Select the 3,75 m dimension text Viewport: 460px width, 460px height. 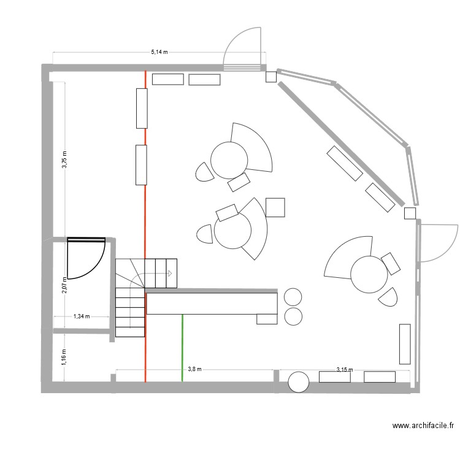tap(64, 158)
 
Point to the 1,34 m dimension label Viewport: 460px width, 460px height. tap(82, 316)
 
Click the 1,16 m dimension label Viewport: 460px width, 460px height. tap(64, 356)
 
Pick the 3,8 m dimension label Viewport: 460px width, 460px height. tap(194, 369)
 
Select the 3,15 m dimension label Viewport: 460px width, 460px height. tap(345, 369)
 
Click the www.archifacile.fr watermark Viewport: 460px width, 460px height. tap(423, 425)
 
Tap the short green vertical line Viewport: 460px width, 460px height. tap(182, 348)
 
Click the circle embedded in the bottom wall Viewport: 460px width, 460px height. tap(299, 381)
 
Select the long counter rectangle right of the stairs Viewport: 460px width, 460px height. tap(212, 304)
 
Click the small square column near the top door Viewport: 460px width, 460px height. tap(270, 77)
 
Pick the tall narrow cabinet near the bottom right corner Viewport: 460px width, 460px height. tap(404, 343)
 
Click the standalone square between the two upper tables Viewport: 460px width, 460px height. tap(275, 207)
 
